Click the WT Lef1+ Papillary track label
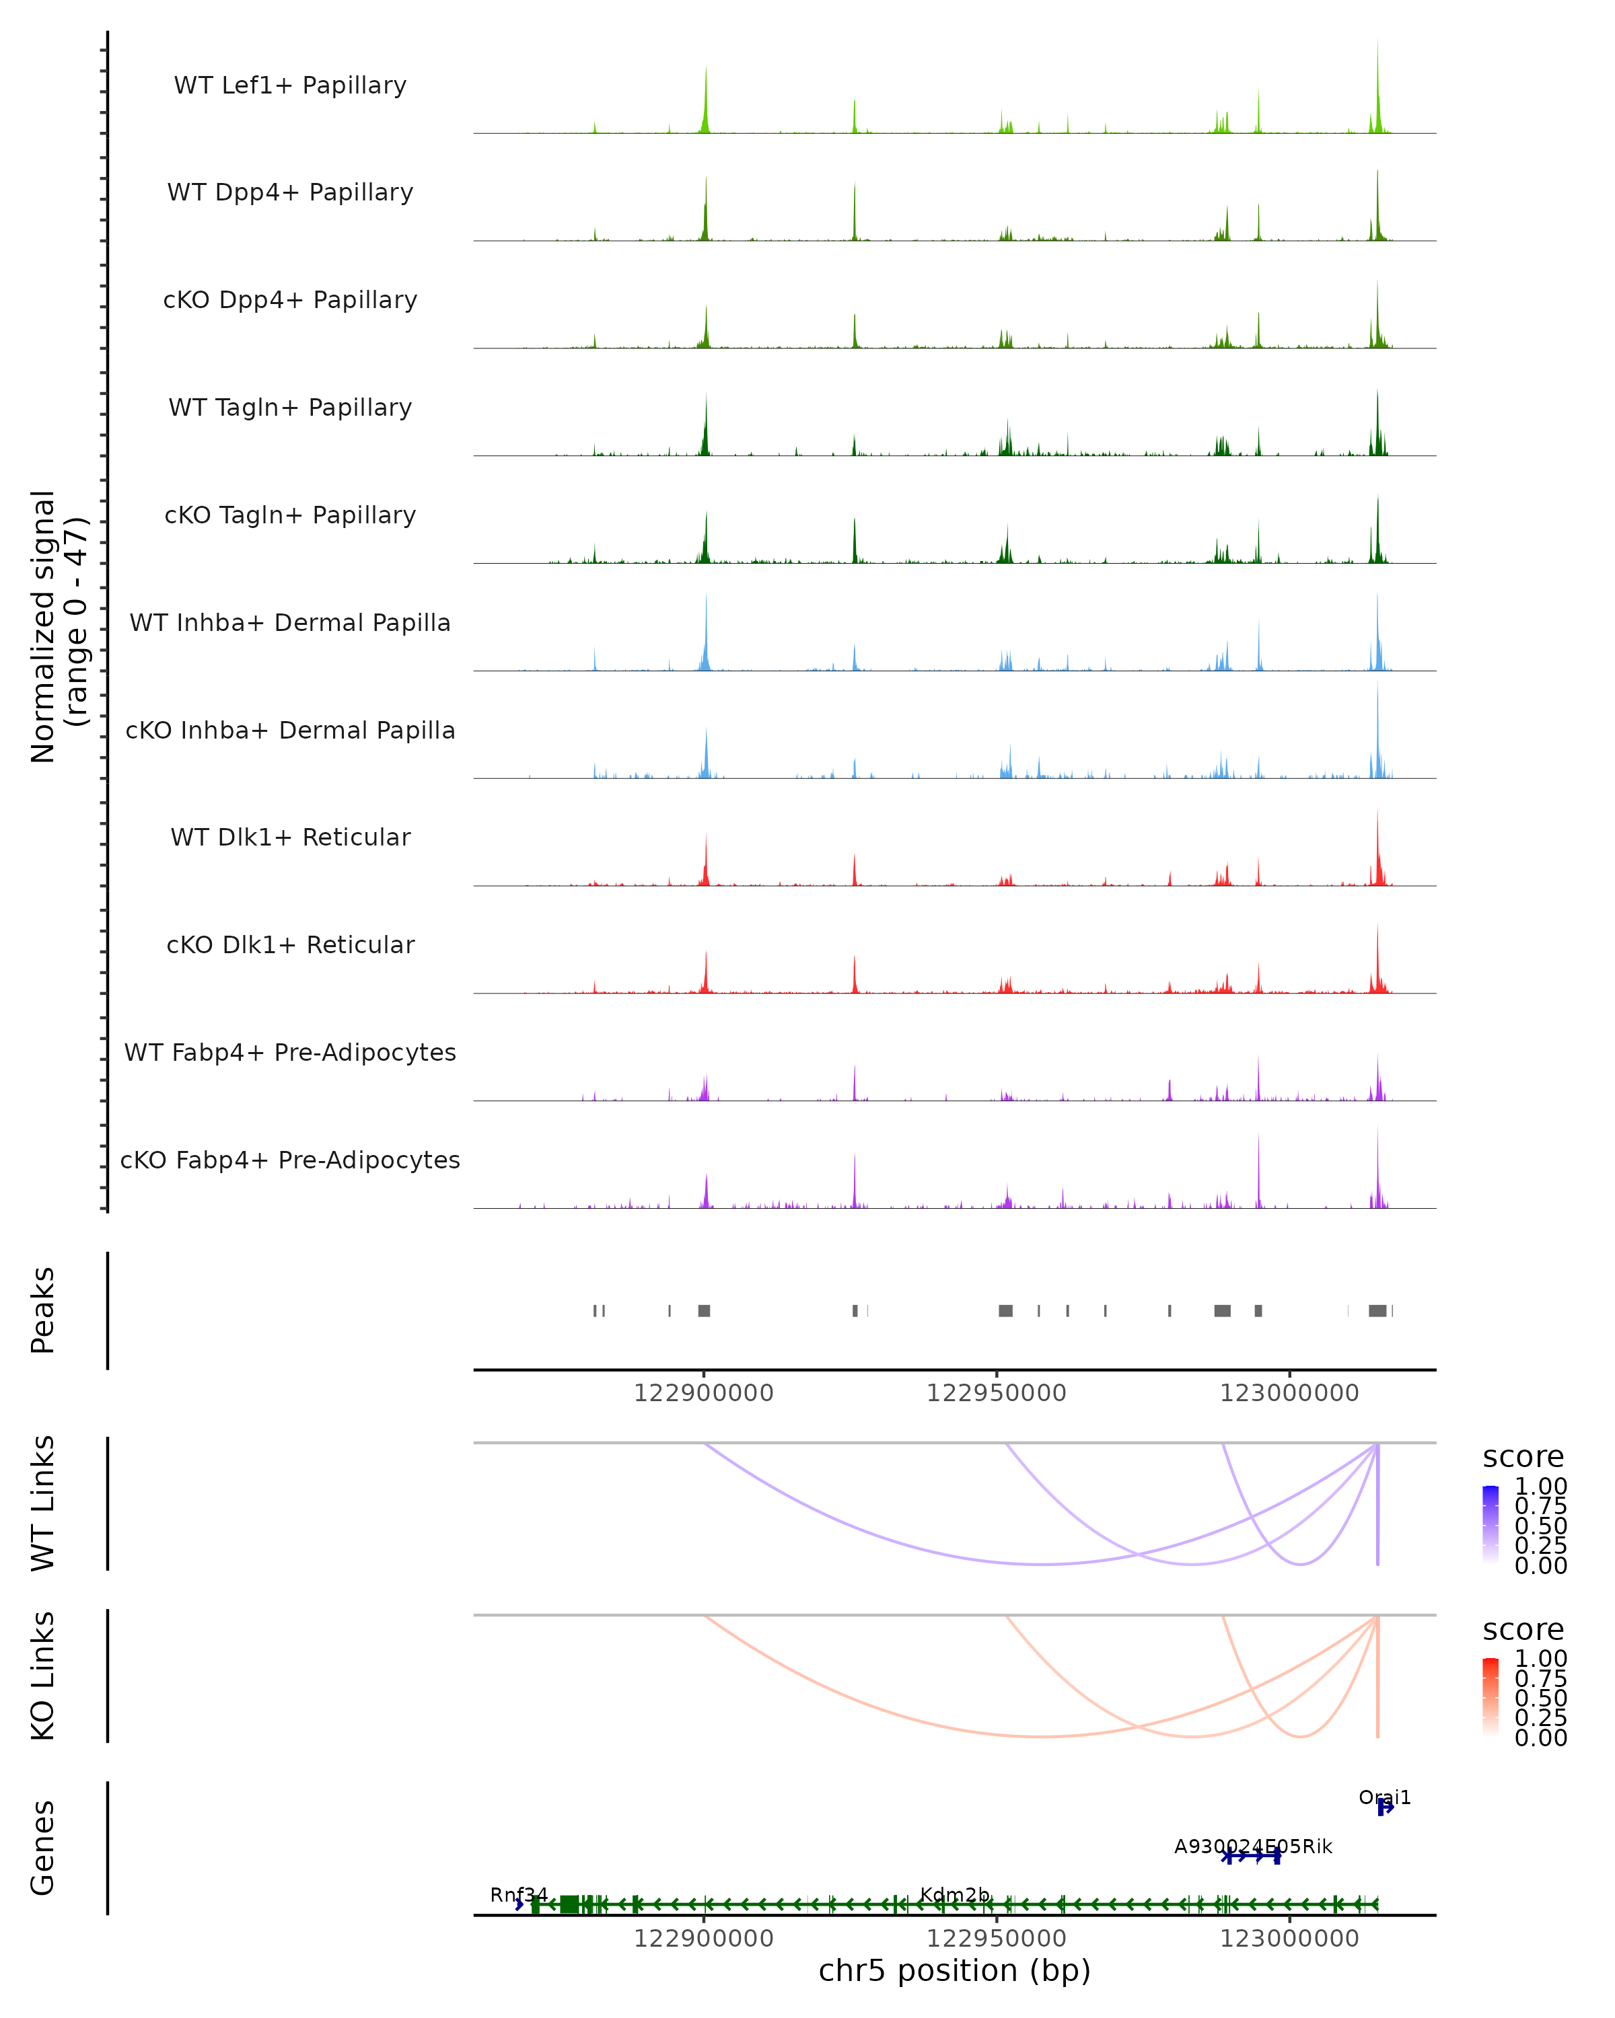(290, 85)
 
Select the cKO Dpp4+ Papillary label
(290, 301)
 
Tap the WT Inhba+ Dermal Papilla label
(290, 624)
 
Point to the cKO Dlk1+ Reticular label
(290, 945)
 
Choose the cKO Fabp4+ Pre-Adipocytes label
(290, 1160)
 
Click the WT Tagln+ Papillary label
(290, 408)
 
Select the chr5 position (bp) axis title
(954, 1970)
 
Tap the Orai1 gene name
(1385, 1798)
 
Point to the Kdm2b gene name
(954, 1896)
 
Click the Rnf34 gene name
(519, 1896)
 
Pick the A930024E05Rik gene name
(1253, 1846)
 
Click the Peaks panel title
(43, 1310)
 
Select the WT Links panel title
(43, 1503)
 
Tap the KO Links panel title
(43, 1676)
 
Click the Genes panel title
(43, 1848)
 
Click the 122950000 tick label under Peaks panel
(996, 1394)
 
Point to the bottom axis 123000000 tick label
(1289, 1939)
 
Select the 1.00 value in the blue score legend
(1541, 1487)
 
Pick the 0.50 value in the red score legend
(1541, 1698)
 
